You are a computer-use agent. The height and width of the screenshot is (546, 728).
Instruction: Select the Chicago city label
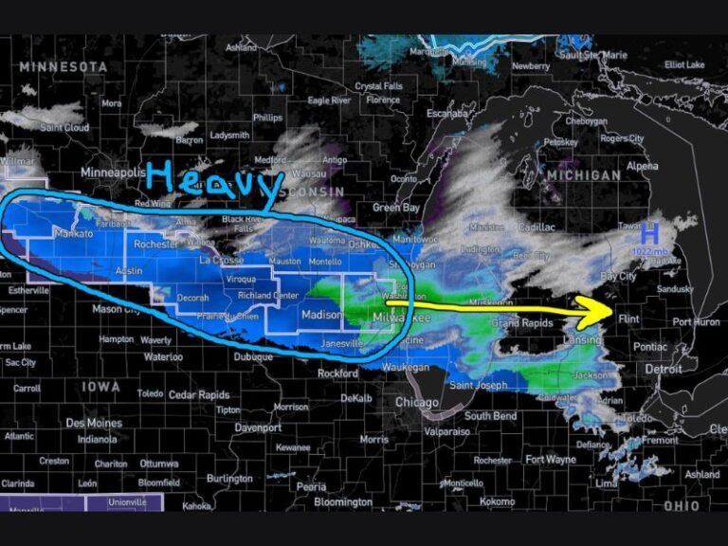pyautogui.click(x=417, y=403)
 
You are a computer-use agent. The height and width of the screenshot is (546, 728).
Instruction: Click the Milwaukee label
pyautogui.click(x=401, y=318)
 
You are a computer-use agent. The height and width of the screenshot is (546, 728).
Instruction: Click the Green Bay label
pyautogui.click(x=395, y=208)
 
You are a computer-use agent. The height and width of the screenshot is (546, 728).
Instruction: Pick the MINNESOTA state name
pyautogui.click(x=64, y=67)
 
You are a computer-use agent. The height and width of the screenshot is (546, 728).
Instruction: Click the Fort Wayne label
pyautogui.click(x=550, y=460)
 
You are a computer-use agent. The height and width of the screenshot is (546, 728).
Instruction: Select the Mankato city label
pyautogui.click(x=74, y=233)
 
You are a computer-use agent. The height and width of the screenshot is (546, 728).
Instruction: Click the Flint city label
pyautogui.click(x=628, y=320)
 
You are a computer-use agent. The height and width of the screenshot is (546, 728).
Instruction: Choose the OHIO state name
pyautogui.click(x=681, y=506)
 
